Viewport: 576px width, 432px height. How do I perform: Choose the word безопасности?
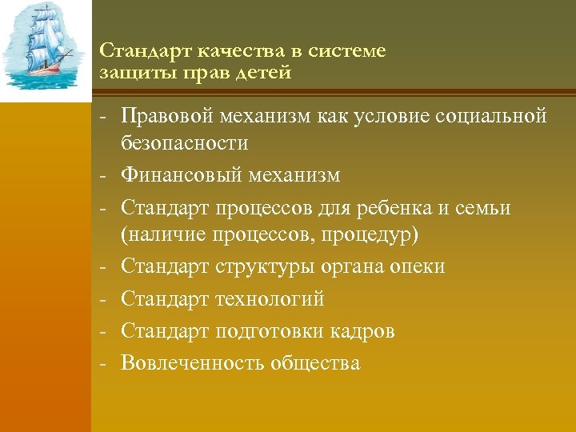click(185, 143)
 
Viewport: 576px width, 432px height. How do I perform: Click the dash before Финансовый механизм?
click(104, 174)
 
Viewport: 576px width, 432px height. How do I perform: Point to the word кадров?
click(364, 331)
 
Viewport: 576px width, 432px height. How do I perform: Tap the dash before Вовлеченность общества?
click(104, 363)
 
